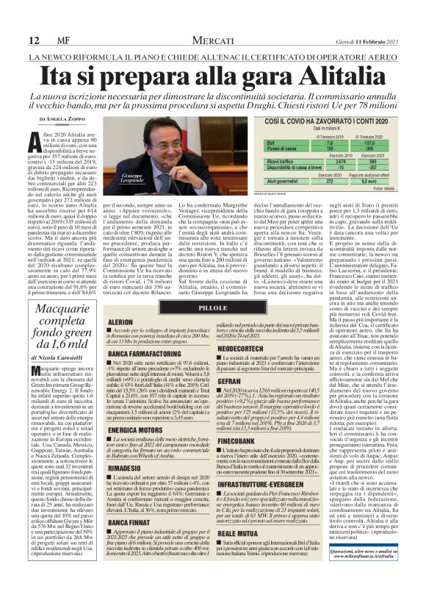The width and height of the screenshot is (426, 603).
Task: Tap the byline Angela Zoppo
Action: (58, 118)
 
